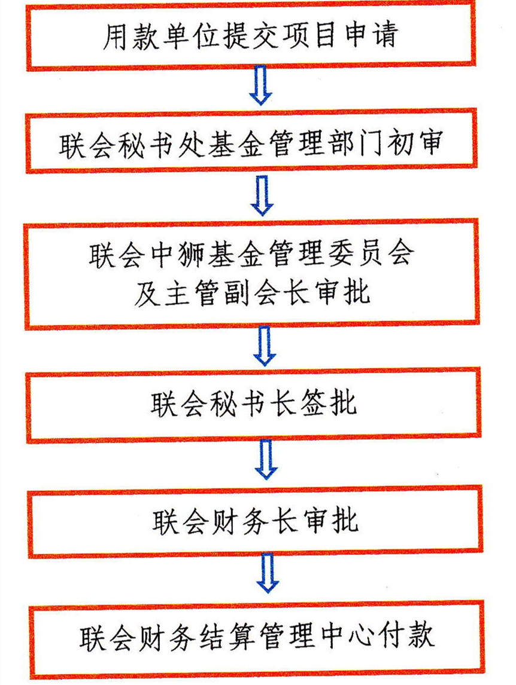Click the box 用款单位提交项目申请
point(251,34)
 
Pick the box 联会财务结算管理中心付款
point(257,639)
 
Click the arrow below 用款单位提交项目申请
point(260,85)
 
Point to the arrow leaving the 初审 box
point(262,195)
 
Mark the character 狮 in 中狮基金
point(192,254)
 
